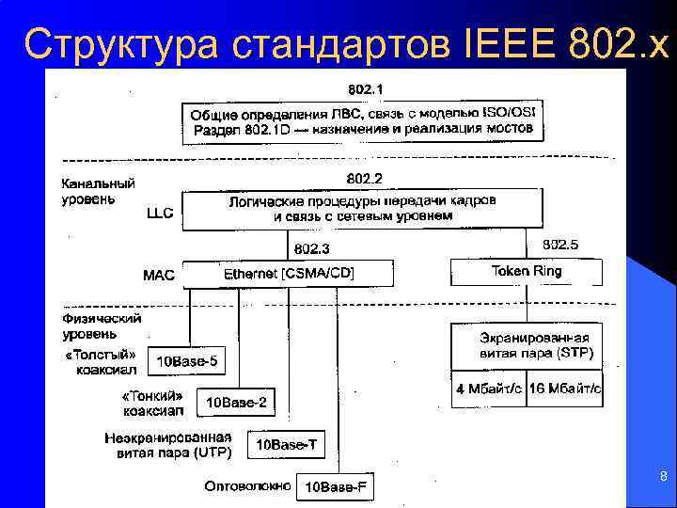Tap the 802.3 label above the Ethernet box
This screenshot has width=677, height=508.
(312, 249)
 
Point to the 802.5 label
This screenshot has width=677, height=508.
(560, 245)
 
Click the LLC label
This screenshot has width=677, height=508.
(160, 214)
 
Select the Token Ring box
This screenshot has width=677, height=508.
(526, 271)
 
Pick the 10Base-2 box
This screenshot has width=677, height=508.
(236, 403)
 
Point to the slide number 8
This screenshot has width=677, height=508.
(663, 477)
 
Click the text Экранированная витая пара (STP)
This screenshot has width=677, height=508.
(535, 345)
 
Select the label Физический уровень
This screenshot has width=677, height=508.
(102, 325)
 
